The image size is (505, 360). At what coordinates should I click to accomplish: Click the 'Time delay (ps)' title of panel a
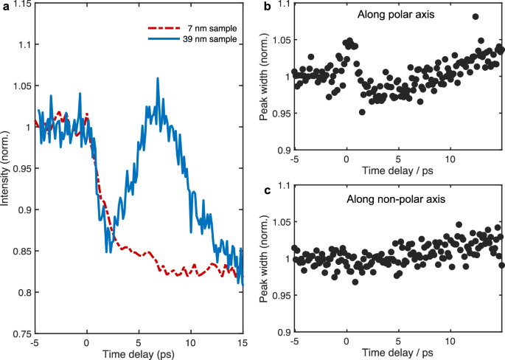point(139,353)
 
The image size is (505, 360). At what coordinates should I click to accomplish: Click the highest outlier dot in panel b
point(476,16)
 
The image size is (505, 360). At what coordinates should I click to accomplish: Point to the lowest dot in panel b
point(362,112)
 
